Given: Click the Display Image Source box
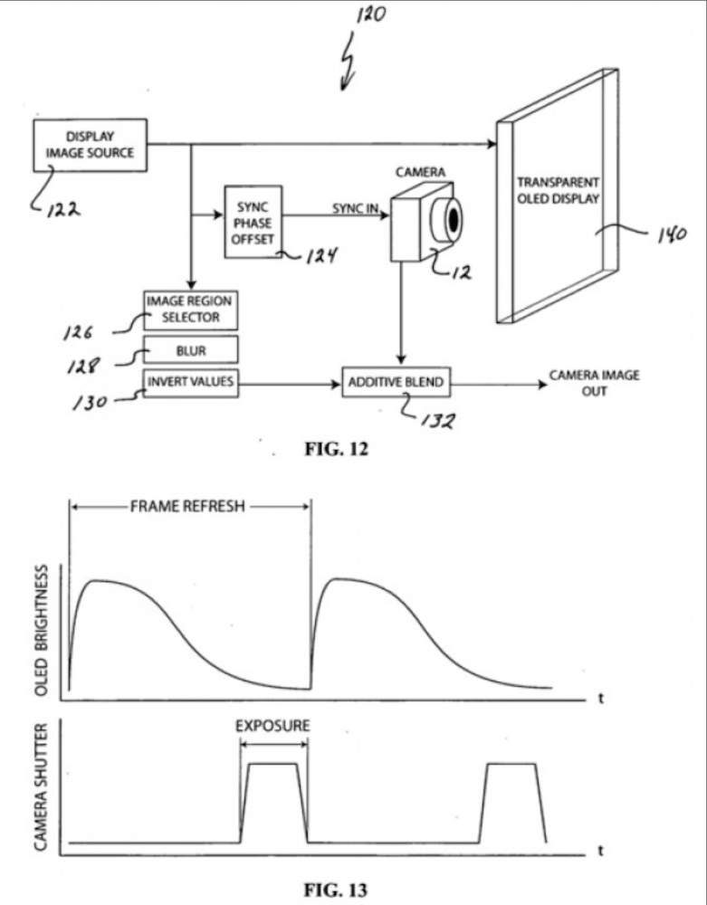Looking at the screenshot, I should tap(90, 145).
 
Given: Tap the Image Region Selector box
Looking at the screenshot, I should tap(190, 310).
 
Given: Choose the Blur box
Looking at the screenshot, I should tap(190, 349).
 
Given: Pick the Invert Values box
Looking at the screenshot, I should tap(190, 383).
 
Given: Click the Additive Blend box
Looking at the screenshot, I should tap(396, 383).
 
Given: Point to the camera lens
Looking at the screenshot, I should tap(450, 218).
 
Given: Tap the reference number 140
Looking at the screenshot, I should tap(670, 236).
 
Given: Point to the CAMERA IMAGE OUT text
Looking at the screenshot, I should tap(594, 383).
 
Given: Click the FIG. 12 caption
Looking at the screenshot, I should tap(336, 449).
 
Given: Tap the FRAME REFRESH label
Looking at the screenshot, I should tap(187, 507).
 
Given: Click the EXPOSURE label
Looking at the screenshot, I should tap(272, 726).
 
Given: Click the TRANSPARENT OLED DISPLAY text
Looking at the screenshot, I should tap(558, 190).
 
